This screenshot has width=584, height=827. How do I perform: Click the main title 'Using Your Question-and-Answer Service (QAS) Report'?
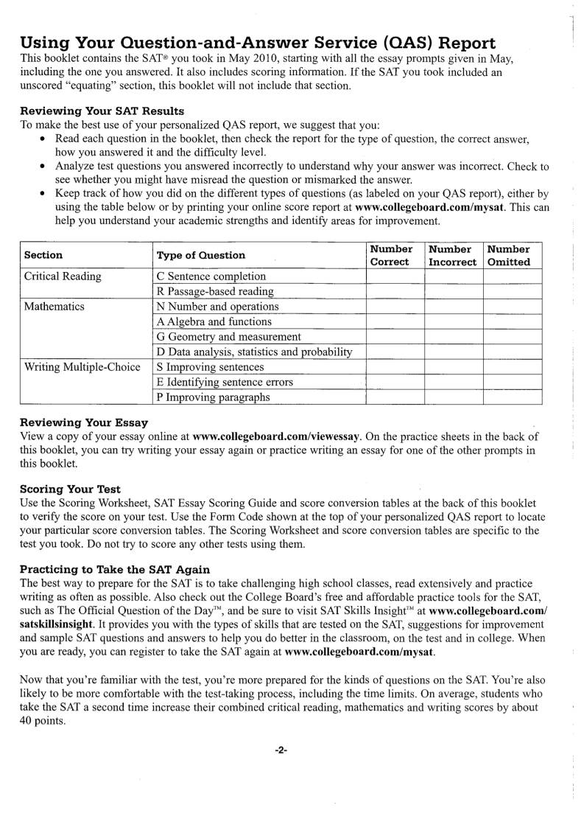pos(258,42)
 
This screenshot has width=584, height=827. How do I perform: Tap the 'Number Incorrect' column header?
pos(452,255)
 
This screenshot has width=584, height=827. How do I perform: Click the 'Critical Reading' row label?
pos(63,276)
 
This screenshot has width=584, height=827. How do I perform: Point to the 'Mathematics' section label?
pos(54,307)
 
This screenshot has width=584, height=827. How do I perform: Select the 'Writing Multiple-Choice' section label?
pos(82,367)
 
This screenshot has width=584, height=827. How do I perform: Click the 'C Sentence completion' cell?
pos(211,276)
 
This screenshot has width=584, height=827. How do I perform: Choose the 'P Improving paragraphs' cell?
pos(213,397)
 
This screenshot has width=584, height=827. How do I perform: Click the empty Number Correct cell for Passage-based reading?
pos(395,292)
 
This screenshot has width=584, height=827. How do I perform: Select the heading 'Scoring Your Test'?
pos(70,489)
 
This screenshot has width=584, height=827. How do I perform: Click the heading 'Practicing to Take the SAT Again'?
pos(115,569)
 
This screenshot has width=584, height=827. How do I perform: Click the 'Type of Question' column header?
pos(201,255)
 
